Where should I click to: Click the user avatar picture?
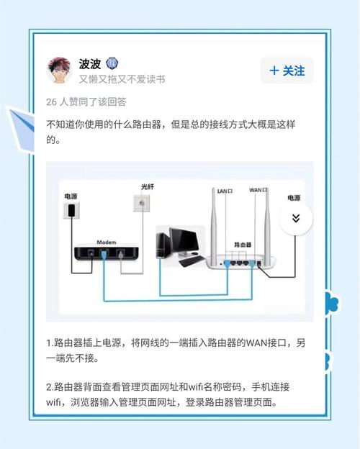point(61,71)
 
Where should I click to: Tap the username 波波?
point(91,63)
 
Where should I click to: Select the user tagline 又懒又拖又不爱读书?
point(122,79)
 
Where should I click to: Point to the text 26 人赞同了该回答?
point(86,101)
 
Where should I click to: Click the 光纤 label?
point(148,187)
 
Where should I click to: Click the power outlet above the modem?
point(71,209)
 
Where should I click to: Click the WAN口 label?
point(257,191)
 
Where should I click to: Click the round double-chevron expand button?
point(295,217)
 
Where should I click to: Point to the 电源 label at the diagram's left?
point(70,196)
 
